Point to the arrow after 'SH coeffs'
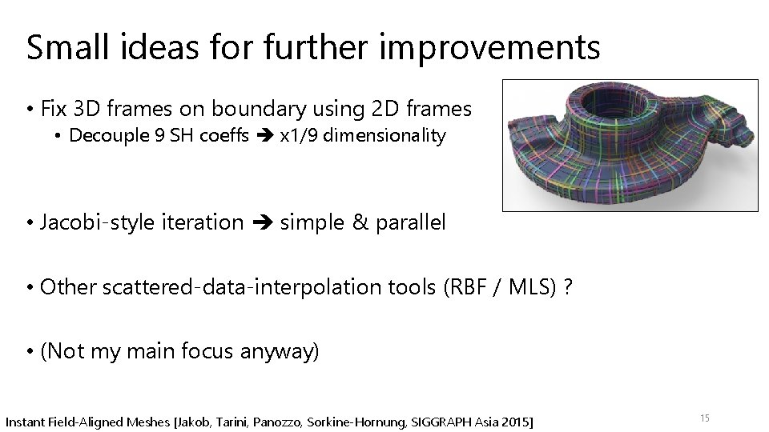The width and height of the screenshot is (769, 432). point(264,136)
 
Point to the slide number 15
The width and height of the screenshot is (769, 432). point(705,418)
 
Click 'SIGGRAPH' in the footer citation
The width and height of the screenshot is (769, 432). point(445,421)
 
